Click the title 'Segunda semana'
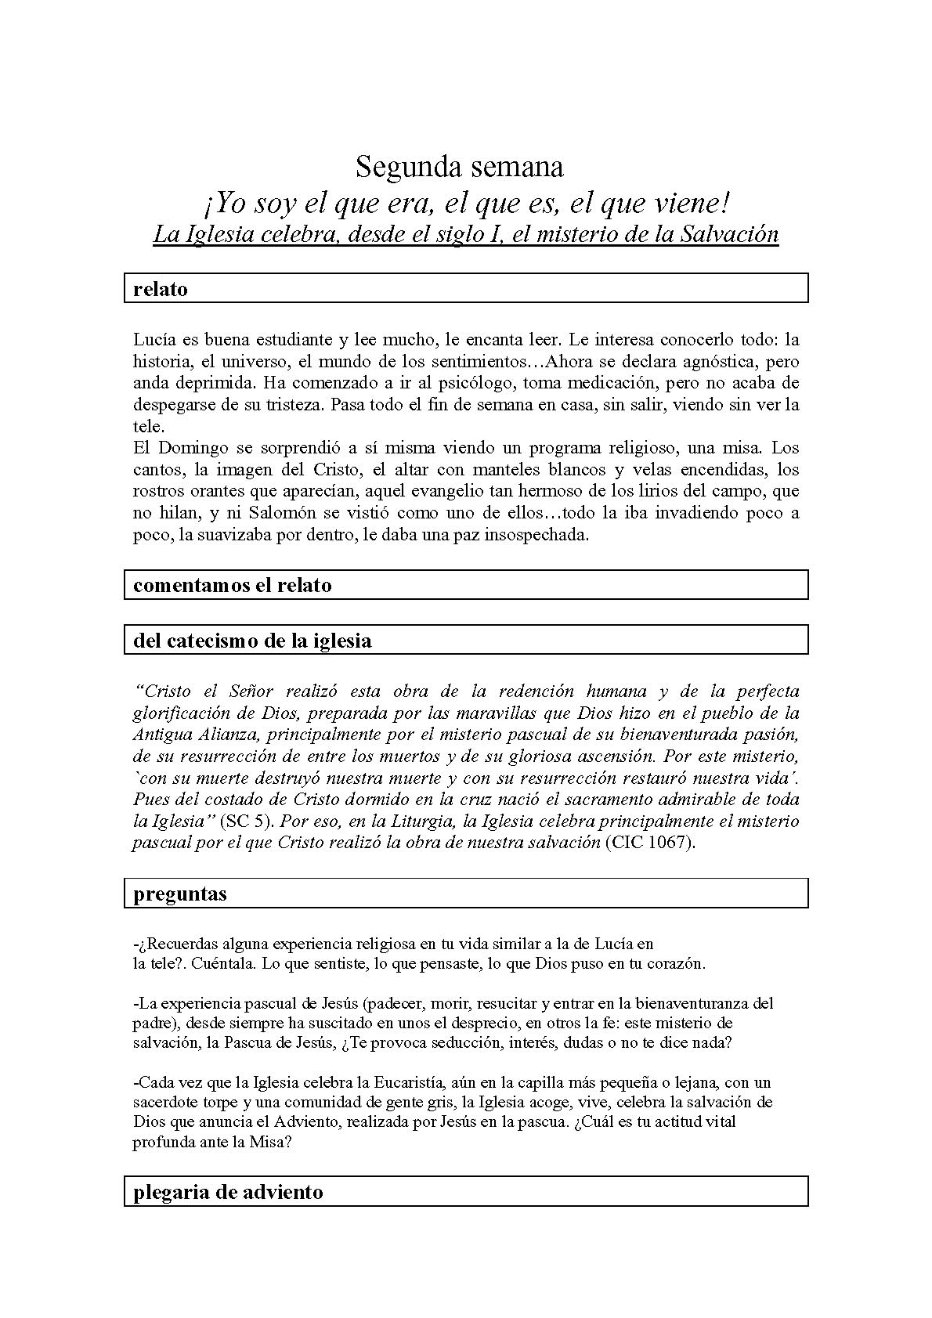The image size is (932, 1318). pyautogui.click(x=459, y=167)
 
